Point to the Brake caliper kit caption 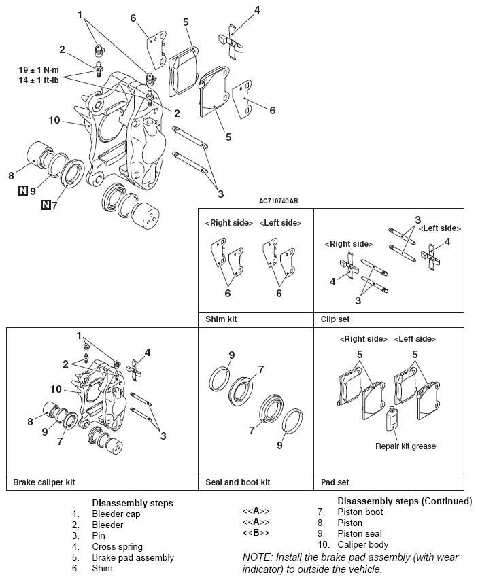coord(44,482)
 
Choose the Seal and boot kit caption coord(238,482)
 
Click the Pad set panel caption coord(335,482)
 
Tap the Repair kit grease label coord(405,446)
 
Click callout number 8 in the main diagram coord(11,175)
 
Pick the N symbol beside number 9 coord(22,191)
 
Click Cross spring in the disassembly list coord(117,546)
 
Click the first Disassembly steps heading coord(132,503)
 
